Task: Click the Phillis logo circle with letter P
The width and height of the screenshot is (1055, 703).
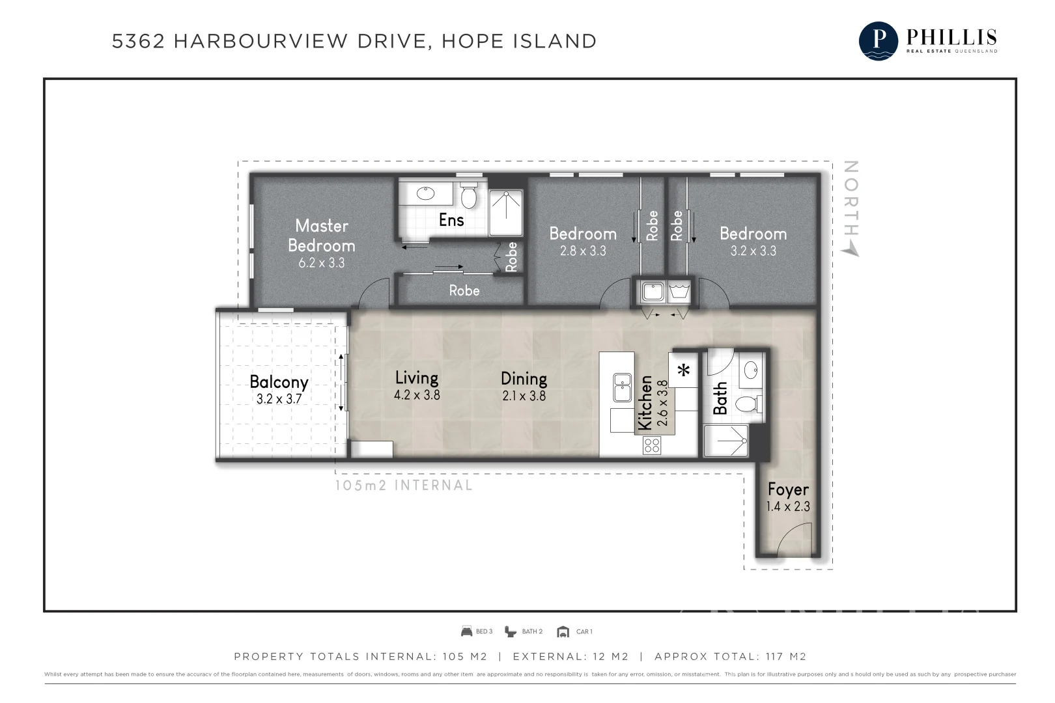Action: click(879, 40)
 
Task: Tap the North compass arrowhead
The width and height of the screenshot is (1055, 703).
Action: click(851, 250)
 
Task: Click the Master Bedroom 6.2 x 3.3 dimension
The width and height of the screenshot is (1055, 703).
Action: click(321, 264)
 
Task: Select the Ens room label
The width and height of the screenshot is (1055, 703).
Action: click(451, 220)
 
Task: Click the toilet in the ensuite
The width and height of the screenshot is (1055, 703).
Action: click(468, 196)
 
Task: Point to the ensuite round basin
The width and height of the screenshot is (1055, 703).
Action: click(425, 193)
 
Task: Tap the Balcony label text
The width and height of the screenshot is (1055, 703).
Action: click(279, 382)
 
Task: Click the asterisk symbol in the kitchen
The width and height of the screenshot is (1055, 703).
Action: click(684, 371)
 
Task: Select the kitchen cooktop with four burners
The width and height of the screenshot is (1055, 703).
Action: click(652, 445)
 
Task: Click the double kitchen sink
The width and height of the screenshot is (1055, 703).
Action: click(622, 388)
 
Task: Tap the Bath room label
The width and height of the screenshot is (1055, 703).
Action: click(720, 398)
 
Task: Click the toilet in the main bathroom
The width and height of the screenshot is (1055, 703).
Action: click(748, 404)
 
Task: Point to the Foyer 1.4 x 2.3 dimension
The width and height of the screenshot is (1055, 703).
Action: click(788, 506)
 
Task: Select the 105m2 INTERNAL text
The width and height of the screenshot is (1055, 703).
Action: click(404, 486)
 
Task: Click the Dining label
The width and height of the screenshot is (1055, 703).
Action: click(524, 379)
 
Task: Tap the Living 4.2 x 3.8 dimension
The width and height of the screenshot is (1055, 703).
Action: click(417, 395)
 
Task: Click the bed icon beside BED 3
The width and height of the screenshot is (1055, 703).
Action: click(466, 631)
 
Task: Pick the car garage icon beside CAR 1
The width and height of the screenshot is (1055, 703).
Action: click(563, 631)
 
